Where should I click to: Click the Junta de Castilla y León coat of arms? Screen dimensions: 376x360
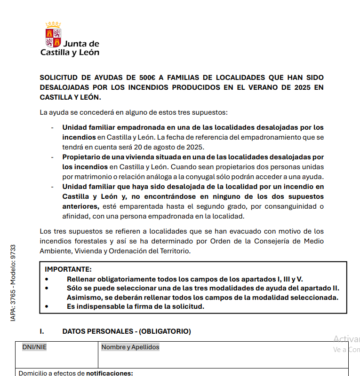coord(53,35)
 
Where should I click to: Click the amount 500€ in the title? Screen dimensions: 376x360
coord(137,78)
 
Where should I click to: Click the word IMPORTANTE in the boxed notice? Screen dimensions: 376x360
coord(68,269)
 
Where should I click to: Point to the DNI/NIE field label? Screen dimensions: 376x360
coord(34,347)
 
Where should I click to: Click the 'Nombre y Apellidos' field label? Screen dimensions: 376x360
coord(130,347)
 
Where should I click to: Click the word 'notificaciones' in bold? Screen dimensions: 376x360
coord(110,373)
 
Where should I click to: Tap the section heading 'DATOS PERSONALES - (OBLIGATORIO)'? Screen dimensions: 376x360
coord(127,331)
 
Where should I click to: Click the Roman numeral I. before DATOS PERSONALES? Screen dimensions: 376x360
coord(41,331)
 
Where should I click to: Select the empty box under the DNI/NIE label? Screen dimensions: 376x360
coord(56,360)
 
